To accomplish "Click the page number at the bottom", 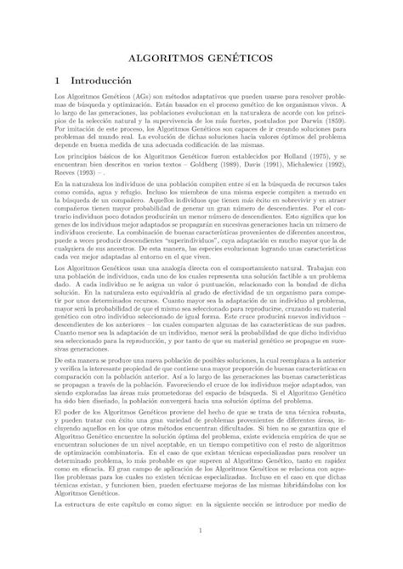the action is click(201, 532).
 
